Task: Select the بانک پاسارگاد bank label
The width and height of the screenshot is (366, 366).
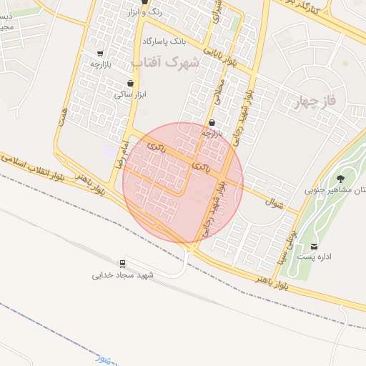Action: tap(169, 41)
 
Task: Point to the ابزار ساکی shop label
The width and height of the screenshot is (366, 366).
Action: tap(130, 94)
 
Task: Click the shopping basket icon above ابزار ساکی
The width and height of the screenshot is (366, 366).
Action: tap(130, 83)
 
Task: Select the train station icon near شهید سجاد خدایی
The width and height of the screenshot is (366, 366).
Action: tap(124, 262)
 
